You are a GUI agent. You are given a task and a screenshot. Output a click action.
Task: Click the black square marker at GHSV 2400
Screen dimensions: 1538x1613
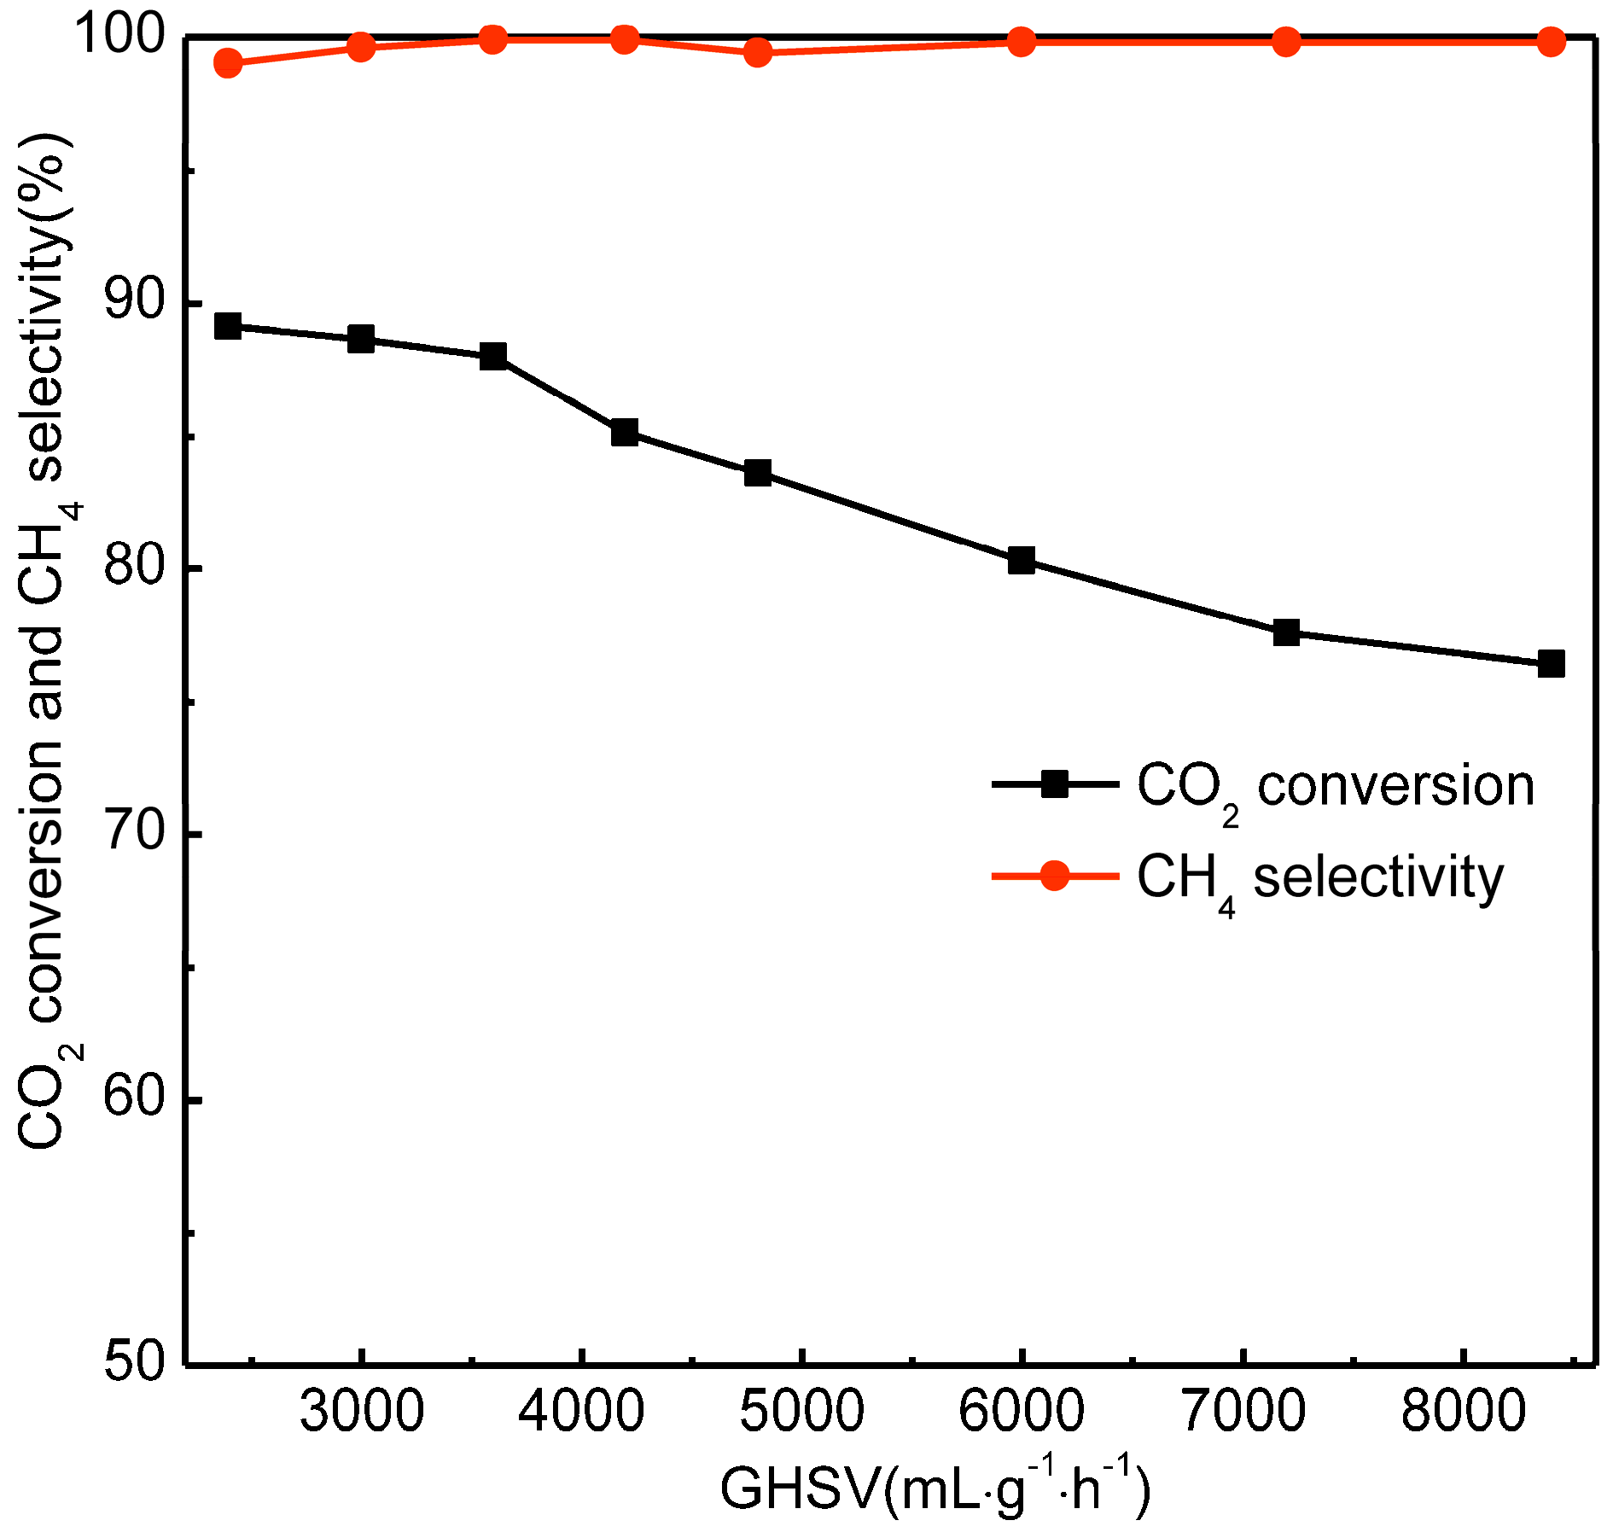click(228, 326)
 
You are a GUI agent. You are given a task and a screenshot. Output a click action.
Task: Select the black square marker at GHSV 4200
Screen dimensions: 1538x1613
click(625, 433)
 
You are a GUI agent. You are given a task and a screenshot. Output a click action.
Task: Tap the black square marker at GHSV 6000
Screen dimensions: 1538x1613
click(1022, 561)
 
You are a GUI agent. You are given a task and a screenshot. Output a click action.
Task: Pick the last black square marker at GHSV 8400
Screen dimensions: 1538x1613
click(1551, 663)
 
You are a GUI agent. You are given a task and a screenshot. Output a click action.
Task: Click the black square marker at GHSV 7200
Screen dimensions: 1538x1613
click(1286, 633)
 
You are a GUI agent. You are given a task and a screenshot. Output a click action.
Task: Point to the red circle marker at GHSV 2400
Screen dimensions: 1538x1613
click(228, 63)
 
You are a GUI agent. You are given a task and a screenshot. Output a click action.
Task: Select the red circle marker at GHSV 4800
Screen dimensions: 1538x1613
click(757, 53)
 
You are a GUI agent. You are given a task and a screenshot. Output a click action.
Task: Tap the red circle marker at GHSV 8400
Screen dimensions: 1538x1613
click(1551, 42)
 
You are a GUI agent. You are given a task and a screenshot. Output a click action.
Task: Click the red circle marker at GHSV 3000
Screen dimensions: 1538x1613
click(361, 47)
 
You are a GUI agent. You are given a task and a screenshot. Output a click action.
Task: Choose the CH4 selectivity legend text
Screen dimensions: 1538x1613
click(1319, 878)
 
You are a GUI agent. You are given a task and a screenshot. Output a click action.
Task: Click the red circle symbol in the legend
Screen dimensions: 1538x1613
click(1055, 875)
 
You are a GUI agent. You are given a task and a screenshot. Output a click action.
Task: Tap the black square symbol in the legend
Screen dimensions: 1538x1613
click(1055, 784)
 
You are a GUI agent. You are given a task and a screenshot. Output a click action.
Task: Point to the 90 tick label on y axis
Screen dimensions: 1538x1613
click(132, 303)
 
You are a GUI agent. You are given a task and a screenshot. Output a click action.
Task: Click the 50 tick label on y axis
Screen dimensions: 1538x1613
click(132, 1361)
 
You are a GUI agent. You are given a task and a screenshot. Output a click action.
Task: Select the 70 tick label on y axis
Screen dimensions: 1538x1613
click(132, 834)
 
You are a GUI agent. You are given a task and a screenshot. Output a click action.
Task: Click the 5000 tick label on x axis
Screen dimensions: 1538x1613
click(801, 1413)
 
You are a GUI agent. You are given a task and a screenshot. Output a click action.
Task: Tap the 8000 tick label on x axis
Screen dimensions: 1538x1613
click(1463, 1413)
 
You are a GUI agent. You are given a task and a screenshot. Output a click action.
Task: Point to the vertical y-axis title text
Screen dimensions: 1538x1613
click(47, 640)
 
